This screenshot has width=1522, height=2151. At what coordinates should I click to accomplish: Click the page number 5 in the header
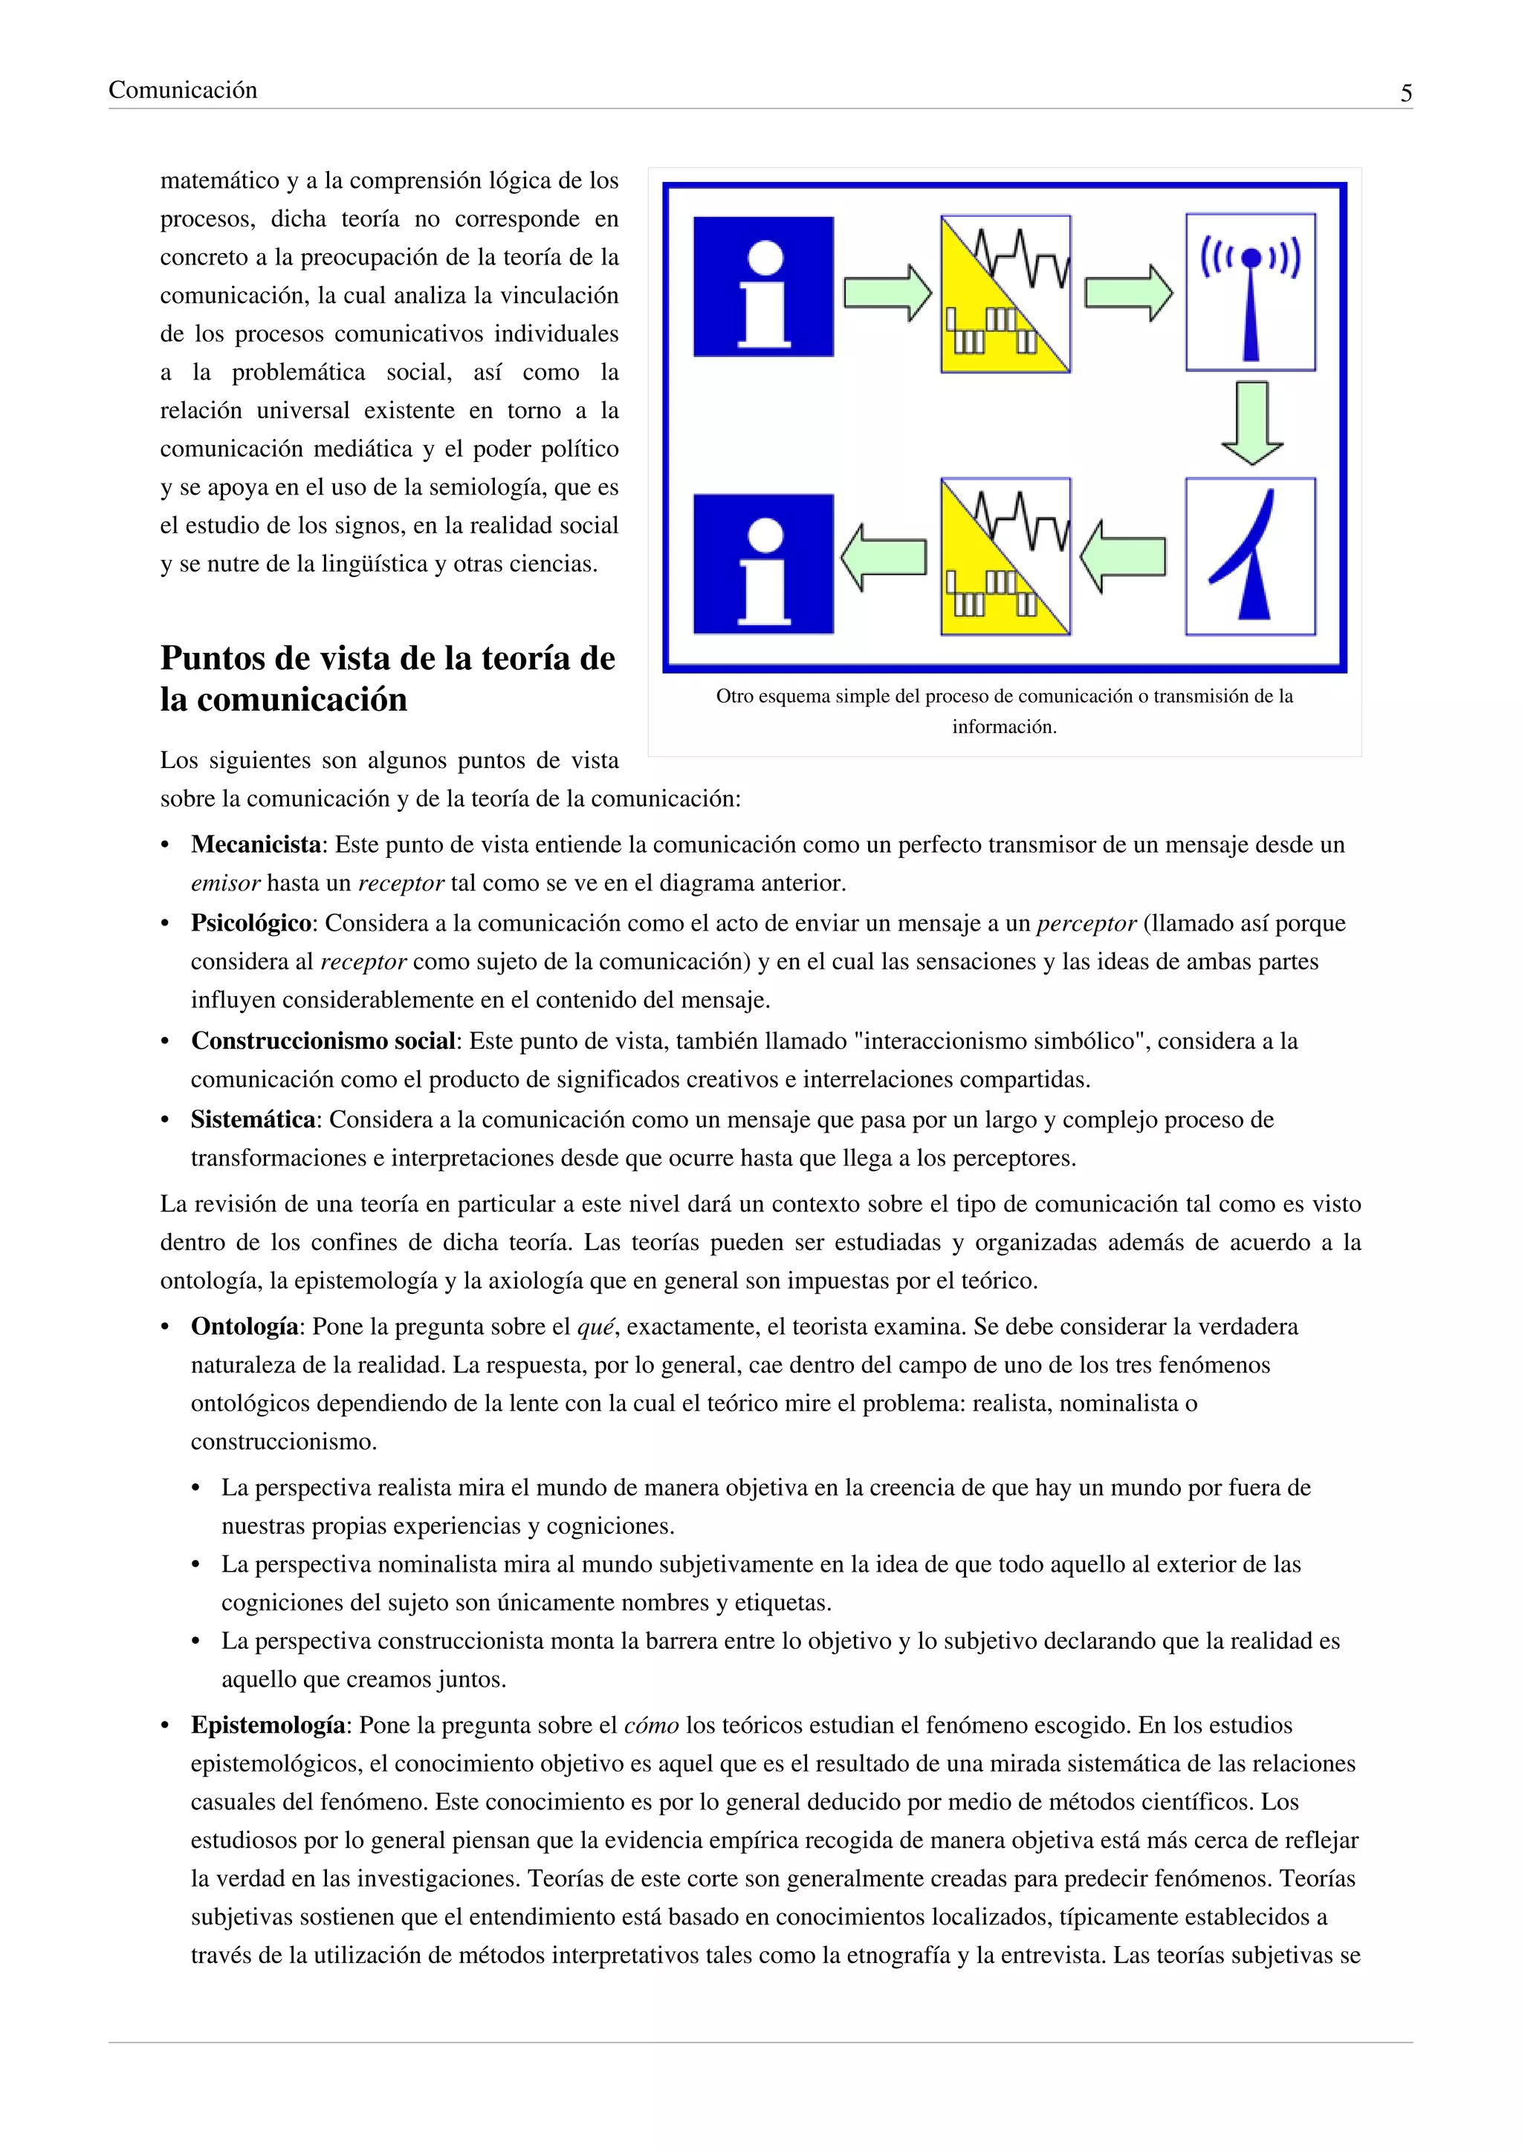click(x=1406, y=93)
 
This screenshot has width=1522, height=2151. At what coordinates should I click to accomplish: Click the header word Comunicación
click(x=183, y=90)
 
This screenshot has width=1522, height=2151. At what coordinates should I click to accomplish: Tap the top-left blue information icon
click(x=763, y=287)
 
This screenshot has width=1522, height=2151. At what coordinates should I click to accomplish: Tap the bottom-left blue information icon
click(x=763, y=564)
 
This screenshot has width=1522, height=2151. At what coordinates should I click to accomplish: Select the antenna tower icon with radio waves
click(x=1250, y=293)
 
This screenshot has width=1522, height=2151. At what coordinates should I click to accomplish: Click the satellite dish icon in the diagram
click(x=1250, y=556)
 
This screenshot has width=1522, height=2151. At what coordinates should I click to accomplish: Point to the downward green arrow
click(x=1252, y=423)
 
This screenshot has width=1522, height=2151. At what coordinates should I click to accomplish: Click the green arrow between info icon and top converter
click(x=887, y=293)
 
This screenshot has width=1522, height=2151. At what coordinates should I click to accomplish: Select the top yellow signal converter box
click(x=1006, y=294)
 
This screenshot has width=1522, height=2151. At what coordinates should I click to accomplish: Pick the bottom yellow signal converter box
click(x=1006, y=556)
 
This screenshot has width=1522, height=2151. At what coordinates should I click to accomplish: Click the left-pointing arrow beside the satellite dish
click(x=1123, y=556)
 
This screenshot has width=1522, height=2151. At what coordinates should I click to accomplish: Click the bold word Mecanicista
click(x=256, y=845)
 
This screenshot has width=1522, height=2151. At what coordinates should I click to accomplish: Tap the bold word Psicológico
click(x=251, y=924)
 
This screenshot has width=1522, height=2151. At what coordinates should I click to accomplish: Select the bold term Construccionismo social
click(x=323, y=1041)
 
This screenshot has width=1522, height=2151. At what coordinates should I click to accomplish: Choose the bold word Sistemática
click(x=253, y=1119)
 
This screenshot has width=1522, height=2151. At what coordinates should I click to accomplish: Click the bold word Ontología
click(x=245, y=1327)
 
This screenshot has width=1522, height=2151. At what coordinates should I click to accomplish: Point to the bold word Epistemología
click(x=268, y=1725)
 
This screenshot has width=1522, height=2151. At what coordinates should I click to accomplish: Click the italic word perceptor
click(x=1087, y=924)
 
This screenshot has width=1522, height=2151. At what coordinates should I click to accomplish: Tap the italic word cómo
click(x=650, y=1725)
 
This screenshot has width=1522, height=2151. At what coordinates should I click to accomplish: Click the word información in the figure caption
click(x=1004, y=727)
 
